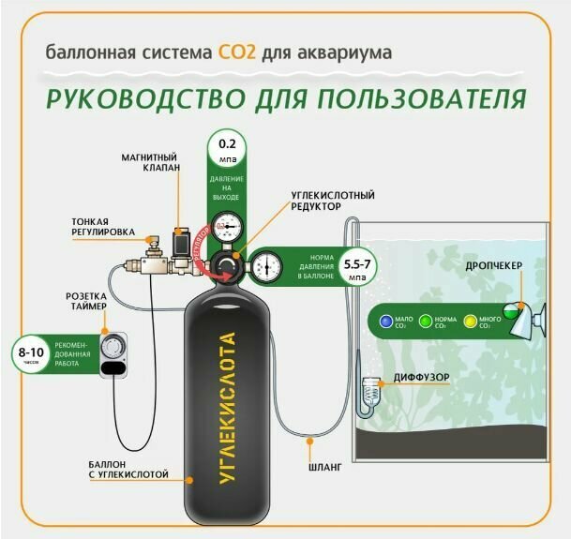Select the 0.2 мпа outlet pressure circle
pyautogui.click(x=228, y=150)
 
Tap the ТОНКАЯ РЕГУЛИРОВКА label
pyautogui.click(x=104, y=226)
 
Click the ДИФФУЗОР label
pyautogui.click(x=421, y=378)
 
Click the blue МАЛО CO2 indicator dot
pyautogui.click(x=384, y=321)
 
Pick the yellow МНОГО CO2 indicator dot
pyautogui.click(x=471, y=321)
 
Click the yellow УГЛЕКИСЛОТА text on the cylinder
pyautogui.click(x=225, y=409)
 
